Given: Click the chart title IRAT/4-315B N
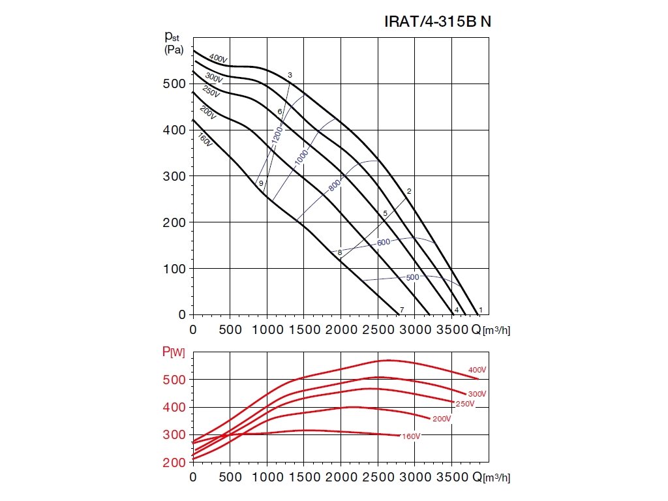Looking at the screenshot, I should point(437,22).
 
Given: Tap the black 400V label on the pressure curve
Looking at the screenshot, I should point(218,59).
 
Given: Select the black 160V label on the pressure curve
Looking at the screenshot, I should point(205,139).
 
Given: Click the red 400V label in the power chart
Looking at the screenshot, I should point(478,370).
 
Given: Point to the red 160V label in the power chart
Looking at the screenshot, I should point(410,436).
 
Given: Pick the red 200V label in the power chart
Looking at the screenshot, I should point(441,419).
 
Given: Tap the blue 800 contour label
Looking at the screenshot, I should point(335,185).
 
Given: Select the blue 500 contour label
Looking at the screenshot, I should point(412,277).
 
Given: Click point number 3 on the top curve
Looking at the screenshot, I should point(290,76).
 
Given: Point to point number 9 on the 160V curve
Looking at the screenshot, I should point(261,184).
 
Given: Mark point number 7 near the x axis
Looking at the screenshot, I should point(402,309).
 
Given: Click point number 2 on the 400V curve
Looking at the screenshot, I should point(409,191).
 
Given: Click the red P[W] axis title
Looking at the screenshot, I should point(174,353).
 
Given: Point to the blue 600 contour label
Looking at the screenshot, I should point(384,243).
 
